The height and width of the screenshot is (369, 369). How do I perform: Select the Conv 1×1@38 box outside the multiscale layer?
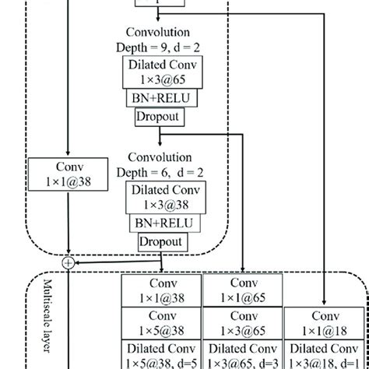(x=69, y=172)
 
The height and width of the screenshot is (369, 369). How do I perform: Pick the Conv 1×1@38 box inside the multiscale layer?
(x=161, y=290)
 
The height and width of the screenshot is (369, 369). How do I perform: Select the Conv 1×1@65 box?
(x=242, y=290)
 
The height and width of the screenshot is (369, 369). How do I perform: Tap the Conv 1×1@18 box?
(x=323, y=322)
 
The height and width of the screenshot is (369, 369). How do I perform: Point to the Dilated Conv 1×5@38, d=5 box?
(x=161, y=355)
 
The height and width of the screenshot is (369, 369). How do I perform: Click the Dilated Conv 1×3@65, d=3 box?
(x=242, y=355)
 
